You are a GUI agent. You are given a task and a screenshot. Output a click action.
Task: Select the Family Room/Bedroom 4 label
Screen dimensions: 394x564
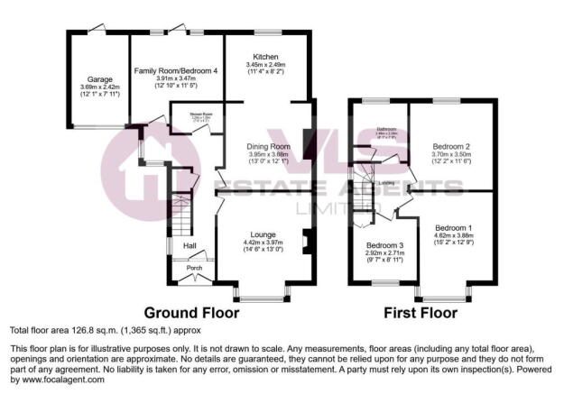click(x=177, y=70)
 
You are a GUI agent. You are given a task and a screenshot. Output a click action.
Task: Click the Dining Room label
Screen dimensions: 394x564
click(x=269, y=145)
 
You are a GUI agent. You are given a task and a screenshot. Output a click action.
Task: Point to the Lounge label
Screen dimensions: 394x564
click(x=263, y=234)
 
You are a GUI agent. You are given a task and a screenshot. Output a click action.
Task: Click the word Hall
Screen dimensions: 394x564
click(x=190, y=245)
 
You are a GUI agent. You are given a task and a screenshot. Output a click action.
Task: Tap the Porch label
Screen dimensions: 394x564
click(x=193, y=268)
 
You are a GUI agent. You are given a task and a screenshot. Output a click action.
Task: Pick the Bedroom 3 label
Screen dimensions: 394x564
click(x=384, y=245)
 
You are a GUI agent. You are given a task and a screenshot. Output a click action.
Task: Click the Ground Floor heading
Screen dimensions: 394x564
click(x=192, y=314)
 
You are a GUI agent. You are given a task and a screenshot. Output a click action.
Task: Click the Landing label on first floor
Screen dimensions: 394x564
click(x=387, y=182)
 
